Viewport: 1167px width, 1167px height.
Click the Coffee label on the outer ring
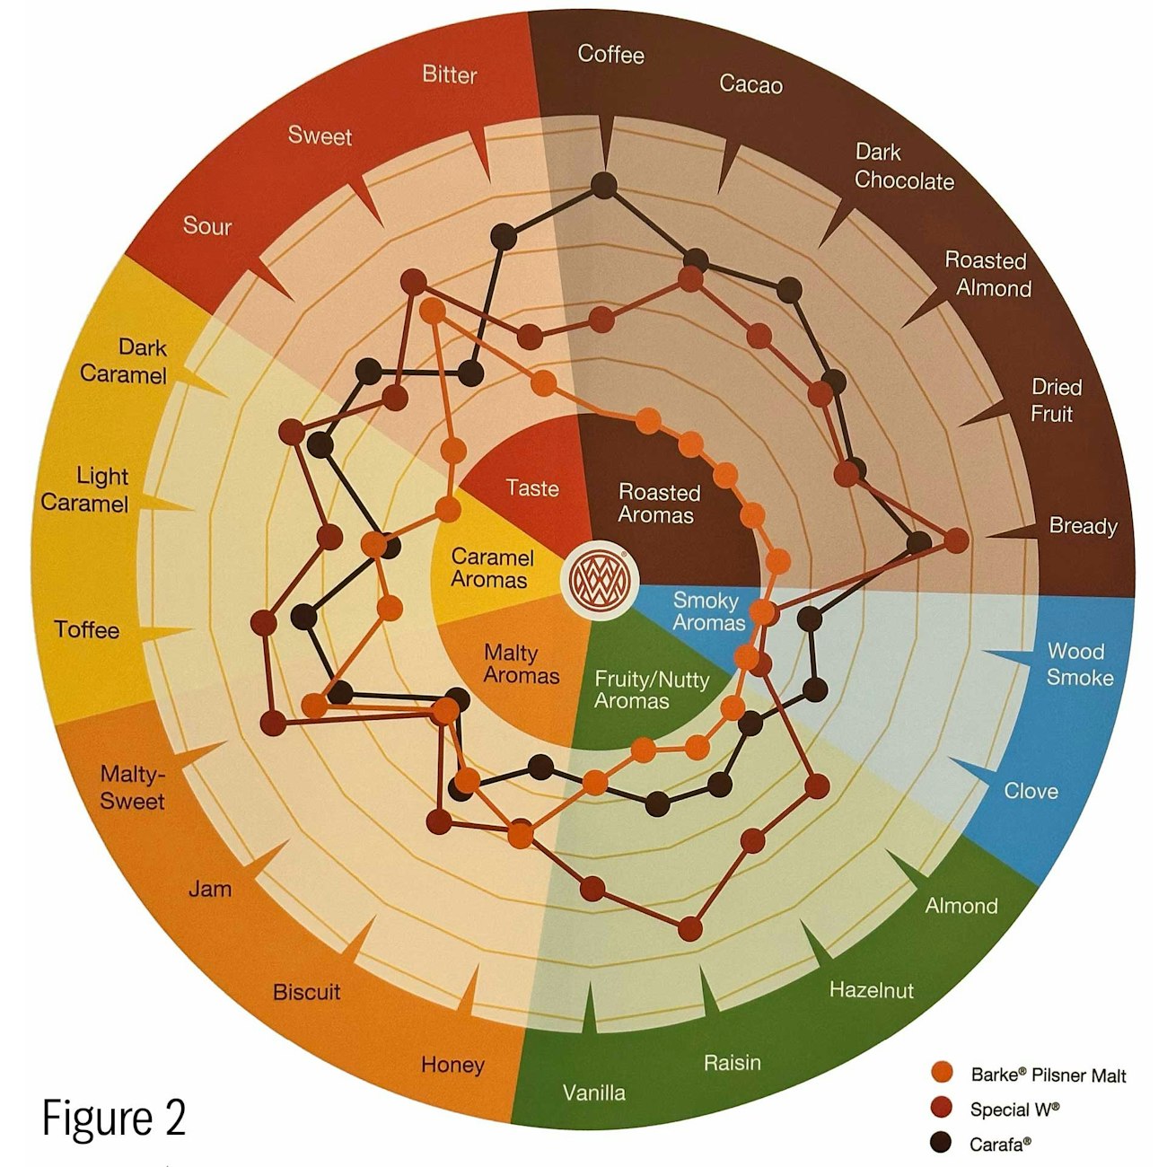coord(610,55)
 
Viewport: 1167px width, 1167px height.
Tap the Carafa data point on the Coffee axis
coord(603,185)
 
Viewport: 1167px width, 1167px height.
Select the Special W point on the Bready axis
coord(955,540)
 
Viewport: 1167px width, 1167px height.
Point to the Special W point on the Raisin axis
coord(689,928)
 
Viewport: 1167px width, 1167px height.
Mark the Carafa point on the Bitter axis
coord(504,237)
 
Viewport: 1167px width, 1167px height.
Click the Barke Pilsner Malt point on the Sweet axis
coord(433,311)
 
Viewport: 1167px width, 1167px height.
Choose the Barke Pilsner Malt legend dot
coord(941,1072)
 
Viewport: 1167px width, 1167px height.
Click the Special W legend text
coord(1014,1109)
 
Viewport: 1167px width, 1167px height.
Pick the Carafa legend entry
coord(981,1144)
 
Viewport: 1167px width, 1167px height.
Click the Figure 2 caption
coord(114,1118)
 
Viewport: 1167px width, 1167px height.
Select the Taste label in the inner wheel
coord(532,488)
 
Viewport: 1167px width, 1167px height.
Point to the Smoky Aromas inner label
coord(708,611)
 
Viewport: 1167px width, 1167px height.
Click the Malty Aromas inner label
coord(521,663)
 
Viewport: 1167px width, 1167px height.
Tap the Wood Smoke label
coord(1079,664)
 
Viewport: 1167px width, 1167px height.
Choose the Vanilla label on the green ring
coord(593,1093)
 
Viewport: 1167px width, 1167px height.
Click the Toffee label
coord(86,630)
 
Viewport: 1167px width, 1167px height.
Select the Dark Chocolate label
coord(904,167)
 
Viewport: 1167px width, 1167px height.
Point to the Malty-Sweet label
coord(132,787)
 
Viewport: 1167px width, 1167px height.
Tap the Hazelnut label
coord(872,990)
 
